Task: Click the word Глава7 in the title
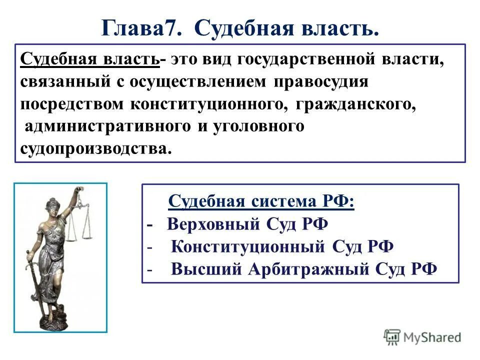tap(141, 28)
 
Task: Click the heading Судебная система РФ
tap(261, 202)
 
